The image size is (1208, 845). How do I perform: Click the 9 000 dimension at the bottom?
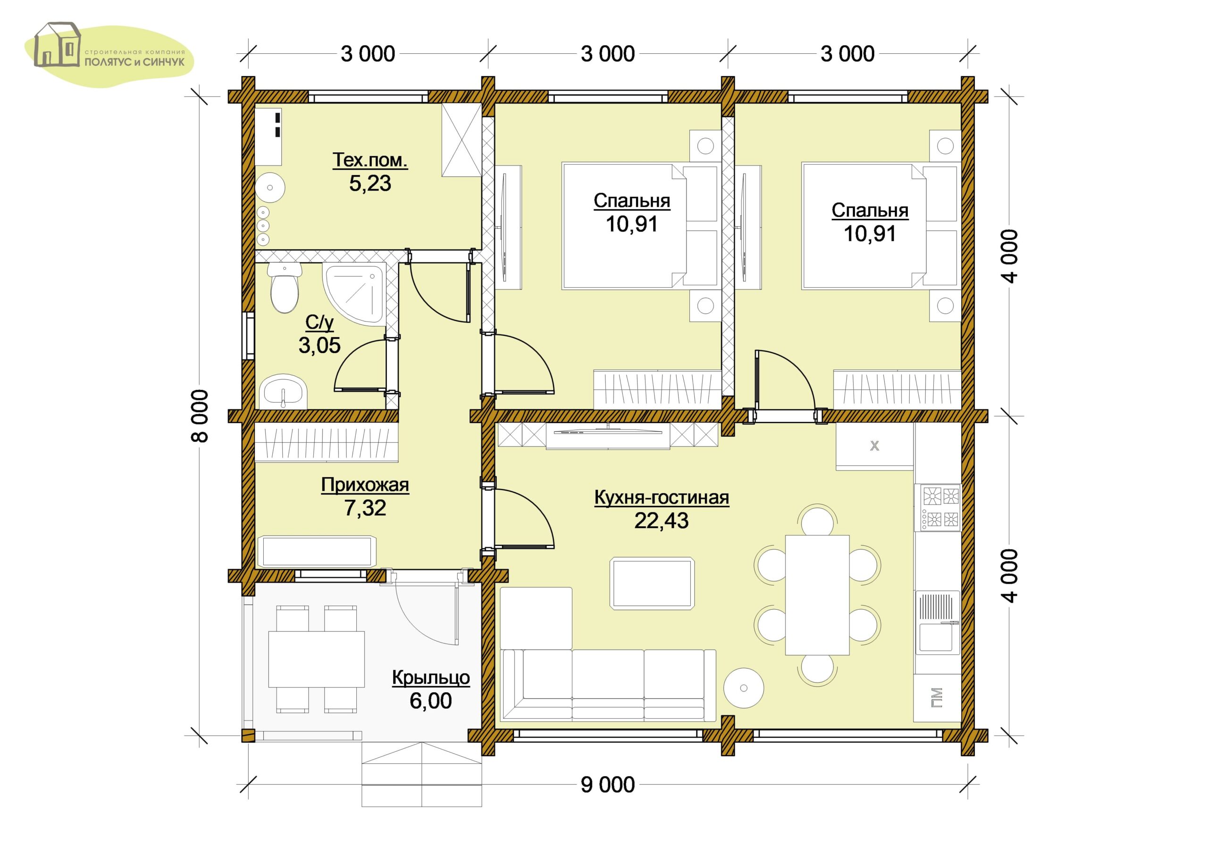pos(608,785)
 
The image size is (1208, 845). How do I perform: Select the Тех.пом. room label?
pos(370,160)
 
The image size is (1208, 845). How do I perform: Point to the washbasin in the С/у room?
pos(283,392)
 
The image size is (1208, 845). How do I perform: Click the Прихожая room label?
pos(365,485)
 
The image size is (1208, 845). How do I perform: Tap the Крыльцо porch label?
pos(430,678)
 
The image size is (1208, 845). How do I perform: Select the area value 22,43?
pos(662,521)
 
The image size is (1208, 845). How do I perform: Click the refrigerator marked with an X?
pos(874,446)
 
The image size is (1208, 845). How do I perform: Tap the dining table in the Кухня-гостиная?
pos(817,595)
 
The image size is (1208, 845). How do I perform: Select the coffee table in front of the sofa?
pos(652,584)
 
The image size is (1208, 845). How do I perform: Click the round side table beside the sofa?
pos(744,688)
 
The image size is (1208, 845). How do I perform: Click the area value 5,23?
pos(370,183)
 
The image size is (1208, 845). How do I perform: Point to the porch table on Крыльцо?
pos(316,659)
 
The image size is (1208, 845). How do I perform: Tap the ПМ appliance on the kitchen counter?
pos(937,698)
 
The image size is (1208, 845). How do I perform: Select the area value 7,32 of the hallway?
pos(365,508)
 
